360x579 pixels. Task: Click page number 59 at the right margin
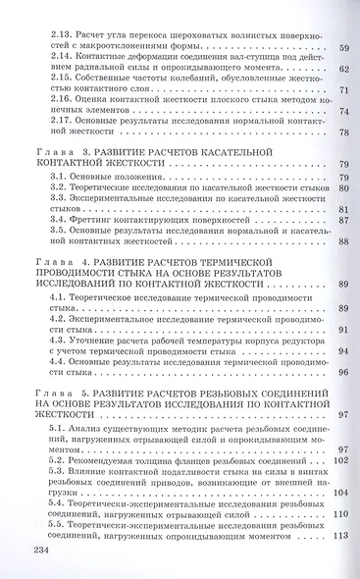coord(343,48)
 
